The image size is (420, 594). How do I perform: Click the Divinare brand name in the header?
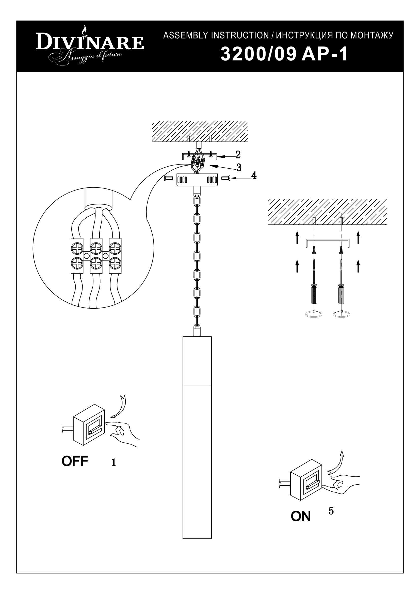(89, 42)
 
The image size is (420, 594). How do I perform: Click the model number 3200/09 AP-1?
(284, 55)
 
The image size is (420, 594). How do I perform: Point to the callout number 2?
(238, 155)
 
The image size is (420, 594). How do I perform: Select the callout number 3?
(239, 168)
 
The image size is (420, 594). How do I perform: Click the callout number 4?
(254, 176)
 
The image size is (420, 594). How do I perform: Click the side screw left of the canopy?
(169, 178)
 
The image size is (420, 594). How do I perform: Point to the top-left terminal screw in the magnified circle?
(77, 249)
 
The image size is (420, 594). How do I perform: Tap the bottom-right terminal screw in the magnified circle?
(115, 264)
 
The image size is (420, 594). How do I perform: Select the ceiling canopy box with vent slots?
(197, 180)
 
